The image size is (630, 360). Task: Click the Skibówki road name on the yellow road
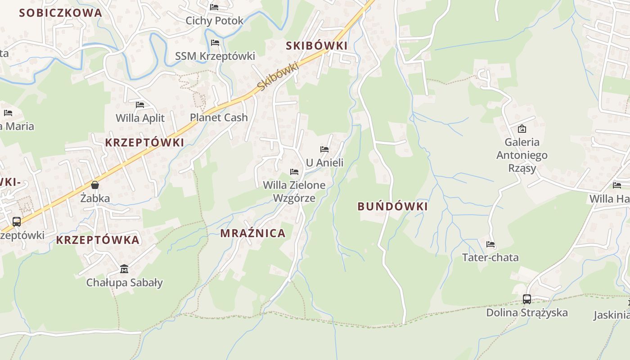tap(278, 75)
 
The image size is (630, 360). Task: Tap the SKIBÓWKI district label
tap(317, 45)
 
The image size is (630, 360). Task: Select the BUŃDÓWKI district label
tap(392, 207)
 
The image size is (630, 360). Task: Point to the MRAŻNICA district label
tap(253, 233)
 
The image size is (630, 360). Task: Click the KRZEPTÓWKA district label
tap(98, 240)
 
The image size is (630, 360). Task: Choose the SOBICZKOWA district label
tap(61, 13)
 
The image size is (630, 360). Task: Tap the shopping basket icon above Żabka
tap(95, 185)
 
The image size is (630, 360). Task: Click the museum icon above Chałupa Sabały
tap(124, 269)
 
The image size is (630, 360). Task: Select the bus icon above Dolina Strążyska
tap(527, 299)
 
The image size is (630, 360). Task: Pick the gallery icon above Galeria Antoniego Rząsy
tap(522, 129)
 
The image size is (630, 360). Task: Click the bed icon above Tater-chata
tap(490, 244)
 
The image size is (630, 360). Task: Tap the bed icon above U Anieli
tap(324, 149)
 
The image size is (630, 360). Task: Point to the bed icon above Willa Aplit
tap(140, 105)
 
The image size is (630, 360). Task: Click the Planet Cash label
tap(219, 117)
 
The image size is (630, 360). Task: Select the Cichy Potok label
tap(215, 21)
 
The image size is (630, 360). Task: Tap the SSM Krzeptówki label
tap(215, 56)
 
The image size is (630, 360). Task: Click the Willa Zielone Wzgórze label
tap(294, 191)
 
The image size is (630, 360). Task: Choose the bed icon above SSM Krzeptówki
tap(215, 43)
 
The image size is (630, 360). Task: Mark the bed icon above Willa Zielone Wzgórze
tap(294, 172)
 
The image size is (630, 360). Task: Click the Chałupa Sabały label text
tap(125, 283)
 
